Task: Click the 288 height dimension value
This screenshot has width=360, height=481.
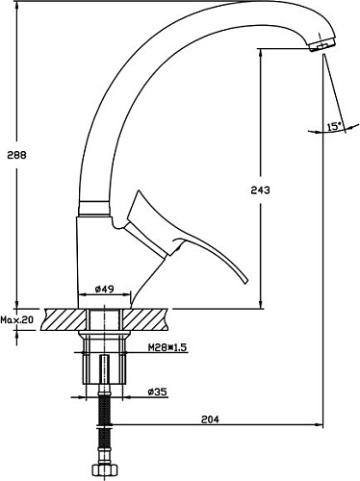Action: [17, 155]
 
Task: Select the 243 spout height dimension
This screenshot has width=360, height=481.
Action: [260, 190]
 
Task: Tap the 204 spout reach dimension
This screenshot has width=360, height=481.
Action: [210, 419]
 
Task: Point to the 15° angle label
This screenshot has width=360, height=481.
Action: [334, 126]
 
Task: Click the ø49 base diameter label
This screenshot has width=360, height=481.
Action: [104, 289]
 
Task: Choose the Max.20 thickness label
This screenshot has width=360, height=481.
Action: [16, 319]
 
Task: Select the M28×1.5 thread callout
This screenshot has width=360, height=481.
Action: [167, 347]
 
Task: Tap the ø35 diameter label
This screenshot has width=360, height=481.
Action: [158, 392]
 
